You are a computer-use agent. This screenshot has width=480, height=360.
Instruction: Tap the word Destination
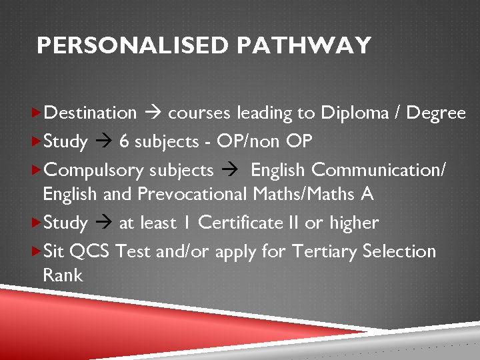pos(89,113)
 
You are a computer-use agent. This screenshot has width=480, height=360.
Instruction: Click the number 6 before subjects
pos(125,141)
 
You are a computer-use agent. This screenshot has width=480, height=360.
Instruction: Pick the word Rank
pos(63,275)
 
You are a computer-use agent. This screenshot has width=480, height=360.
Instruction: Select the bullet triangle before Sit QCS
pos(36,251)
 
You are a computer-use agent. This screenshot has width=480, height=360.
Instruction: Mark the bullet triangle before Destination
pos(36,113)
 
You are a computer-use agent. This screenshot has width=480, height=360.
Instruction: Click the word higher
pos(354,223)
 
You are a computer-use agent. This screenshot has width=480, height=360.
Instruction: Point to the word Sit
pos(53,251)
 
